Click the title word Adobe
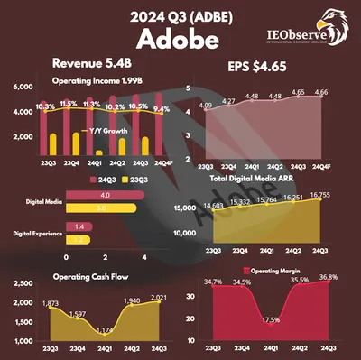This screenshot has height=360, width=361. pos(180,41)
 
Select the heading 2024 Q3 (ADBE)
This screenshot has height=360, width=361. pos(180,15)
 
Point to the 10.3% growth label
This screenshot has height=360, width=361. pos(21,106)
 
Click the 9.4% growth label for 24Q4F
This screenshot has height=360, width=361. pos(161,108)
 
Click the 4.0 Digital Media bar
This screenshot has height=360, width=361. pos(104,196)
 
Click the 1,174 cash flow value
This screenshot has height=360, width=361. pos(106,330)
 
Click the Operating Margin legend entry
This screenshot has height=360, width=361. pos(270,271)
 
